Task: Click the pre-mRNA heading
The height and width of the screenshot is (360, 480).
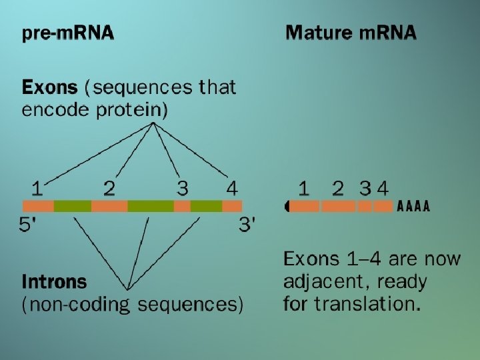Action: (67, 33)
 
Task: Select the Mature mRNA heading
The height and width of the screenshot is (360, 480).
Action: (351, 33)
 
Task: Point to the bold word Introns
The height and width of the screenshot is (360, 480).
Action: (54, 281)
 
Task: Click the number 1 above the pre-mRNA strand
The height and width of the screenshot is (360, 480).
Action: (38, 188)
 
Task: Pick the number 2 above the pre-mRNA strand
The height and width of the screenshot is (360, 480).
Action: (109, 188)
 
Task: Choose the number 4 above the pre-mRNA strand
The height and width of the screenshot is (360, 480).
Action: (231, 188)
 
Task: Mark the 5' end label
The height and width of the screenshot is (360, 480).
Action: (28, 225)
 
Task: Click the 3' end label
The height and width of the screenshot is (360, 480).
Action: (247, 225)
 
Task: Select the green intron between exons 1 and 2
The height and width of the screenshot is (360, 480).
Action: (72, 207)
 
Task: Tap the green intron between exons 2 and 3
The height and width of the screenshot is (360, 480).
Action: (150, 207)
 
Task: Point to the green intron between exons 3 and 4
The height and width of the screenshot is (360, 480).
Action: (206, 207)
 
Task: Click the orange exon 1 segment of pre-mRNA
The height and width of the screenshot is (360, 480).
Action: (38, 207)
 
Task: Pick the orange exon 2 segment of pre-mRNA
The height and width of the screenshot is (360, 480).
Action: (109, 207)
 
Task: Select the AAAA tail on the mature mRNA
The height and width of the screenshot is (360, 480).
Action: (413, 207)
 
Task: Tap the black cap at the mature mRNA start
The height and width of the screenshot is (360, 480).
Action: (287, 207)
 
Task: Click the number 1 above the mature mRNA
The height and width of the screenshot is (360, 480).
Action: (304, 189)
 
